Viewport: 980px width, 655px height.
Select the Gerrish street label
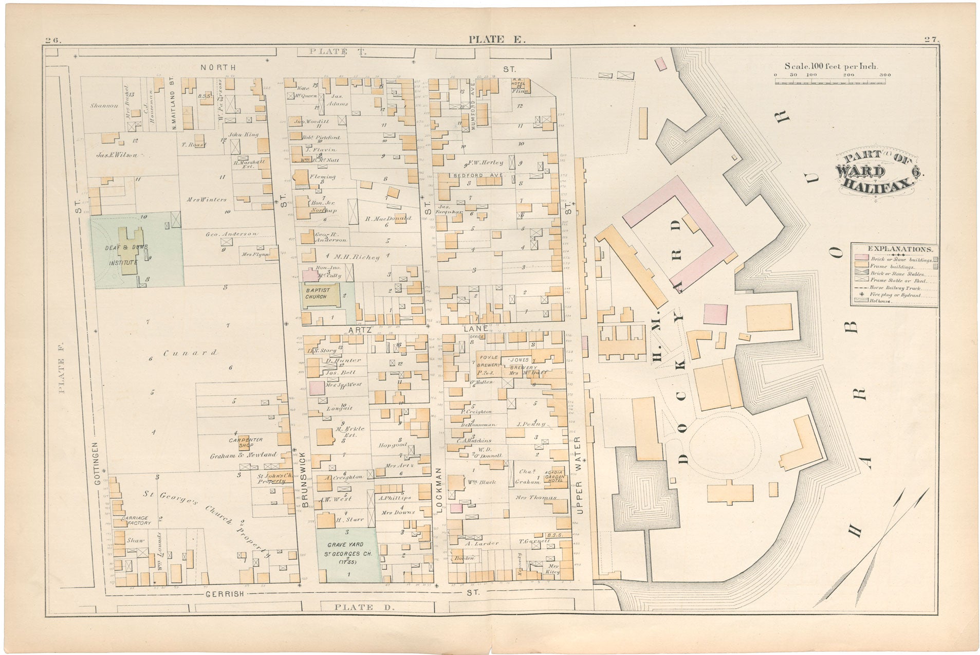224,593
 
